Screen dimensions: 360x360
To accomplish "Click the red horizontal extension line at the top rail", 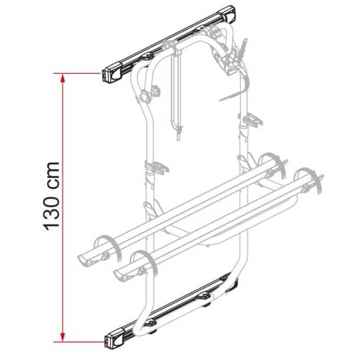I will (x=80, y=73).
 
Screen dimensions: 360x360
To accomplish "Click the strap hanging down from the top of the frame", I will (x=176, y=94).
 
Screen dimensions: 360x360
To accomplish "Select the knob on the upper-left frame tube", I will (x=155, y=91).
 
